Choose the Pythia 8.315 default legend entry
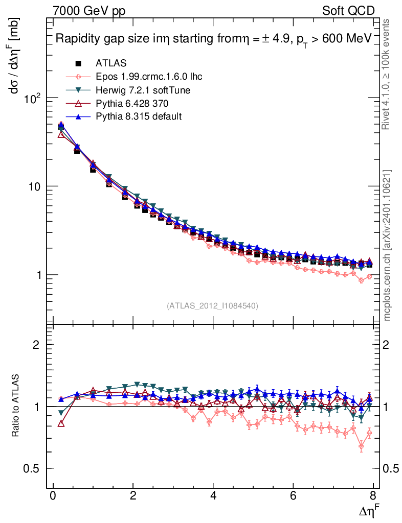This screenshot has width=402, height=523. (139, 116)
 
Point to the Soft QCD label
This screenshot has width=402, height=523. (349, 11)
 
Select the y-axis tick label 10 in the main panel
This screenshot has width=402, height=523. (34, 186)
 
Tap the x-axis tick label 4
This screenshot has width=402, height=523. (213, 497)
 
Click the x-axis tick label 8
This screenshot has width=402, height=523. (373, 497)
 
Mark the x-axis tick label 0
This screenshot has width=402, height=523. (53, 497)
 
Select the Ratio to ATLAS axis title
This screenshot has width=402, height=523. (16, 406)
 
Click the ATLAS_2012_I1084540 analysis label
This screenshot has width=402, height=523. (212, 306)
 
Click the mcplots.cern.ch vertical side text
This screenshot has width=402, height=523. (387, 245)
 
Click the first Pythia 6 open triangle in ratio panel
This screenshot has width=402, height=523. (61, 423)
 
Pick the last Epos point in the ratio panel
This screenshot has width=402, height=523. (369, 434)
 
